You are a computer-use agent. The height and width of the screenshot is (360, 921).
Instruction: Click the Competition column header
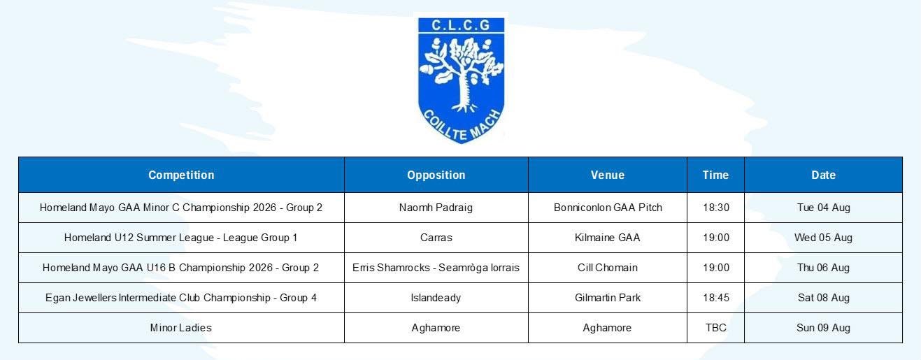click(181, 175)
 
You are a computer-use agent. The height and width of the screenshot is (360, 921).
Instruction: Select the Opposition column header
click(436, 175)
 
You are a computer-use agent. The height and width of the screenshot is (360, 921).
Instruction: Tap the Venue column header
click(608, 175)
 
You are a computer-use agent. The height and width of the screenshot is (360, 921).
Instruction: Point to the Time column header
click(716, 175)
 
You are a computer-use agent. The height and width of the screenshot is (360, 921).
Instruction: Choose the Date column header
click(824, 175)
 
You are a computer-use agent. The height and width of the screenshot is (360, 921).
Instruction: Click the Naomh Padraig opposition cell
click(436, 208)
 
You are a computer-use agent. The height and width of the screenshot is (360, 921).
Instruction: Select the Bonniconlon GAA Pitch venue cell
click(608, 208)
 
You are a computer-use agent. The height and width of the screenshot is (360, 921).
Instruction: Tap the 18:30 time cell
click(716, 208)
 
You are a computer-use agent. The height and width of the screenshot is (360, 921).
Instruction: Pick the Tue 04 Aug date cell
click(824, 208)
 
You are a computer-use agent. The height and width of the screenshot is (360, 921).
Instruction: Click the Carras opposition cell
click(436, 238)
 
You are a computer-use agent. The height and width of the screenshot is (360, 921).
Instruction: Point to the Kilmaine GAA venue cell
click(607, 238)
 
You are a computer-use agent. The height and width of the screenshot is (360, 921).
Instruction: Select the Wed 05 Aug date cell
click(824, 238)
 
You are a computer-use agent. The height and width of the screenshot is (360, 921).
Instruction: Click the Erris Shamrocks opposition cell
click(436, 268)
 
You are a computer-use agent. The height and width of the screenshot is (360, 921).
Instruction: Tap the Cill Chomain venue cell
click(607, 268)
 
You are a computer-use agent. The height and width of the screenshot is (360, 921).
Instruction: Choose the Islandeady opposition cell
click(436, 298)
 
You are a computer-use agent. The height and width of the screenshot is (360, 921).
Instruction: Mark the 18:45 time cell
click(716, 298)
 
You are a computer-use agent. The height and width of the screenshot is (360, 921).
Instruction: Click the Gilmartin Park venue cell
click(608, 298)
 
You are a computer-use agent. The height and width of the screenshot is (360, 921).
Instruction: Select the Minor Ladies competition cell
click(181, 328)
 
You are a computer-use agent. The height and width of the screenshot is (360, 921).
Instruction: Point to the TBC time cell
click(716, 328)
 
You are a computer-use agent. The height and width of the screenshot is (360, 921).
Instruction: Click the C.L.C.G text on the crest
click(461, 25)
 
